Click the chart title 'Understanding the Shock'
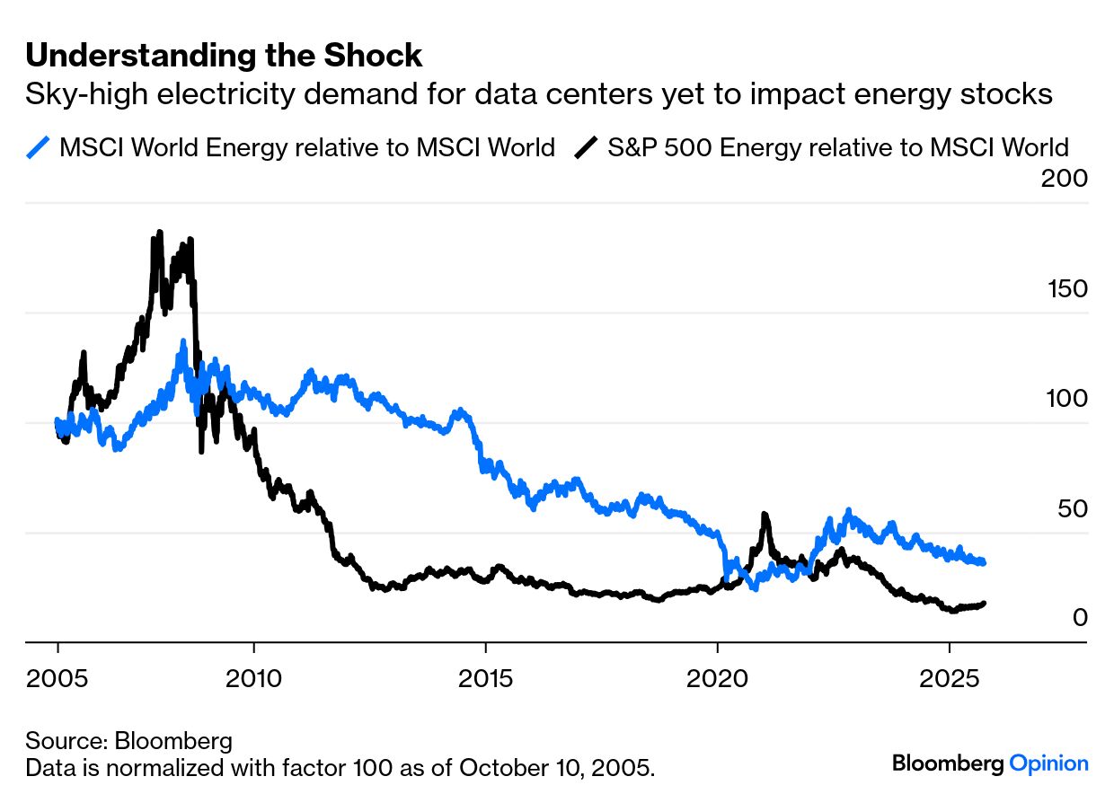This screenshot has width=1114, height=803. pos(224,56)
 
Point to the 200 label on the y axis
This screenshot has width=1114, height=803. pos(1064,178)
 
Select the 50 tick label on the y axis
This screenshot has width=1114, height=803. pos(1069,508)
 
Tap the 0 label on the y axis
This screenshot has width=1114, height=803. pos(1079,618)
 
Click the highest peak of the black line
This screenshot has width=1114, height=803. pos(159,233)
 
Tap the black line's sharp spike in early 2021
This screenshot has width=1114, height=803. pos(765,515)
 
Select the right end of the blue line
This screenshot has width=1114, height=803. pos(984,562)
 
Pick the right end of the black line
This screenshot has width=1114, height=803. pos(984,604)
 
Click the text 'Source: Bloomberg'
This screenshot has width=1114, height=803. pos(128,742)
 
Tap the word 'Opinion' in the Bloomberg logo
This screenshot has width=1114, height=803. pos(1048,764)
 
